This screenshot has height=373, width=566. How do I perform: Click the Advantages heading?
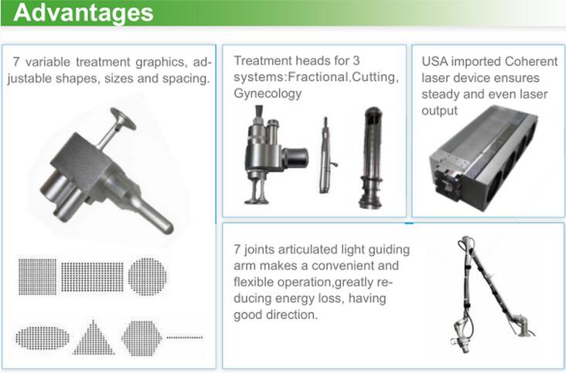coord(84,12)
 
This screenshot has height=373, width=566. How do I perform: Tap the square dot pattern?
coord(38,276)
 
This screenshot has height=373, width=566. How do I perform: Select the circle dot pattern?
coord(148,276)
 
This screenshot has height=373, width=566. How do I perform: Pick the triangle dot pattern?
coord(94,337)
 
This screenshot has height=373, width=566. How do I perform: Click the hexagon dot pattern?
coord(141,338)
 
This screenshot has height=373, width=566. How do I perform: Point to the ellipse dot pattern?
coord(43,338)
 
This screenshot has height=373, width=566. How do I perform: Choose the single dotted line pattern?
coord(185,337)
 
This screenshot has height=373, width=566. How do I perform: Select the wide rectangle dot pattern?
coord(93,277)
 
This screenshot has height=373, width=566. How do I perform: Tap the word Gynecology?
coord(268,93)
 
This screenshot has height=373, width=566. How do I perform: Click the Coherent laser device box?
coord(484,159)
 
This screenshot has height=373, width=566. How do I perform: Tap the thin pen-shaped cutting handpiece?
coord(326,156)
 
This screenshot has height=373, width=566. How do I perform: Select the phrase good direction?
coord(275,315)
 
